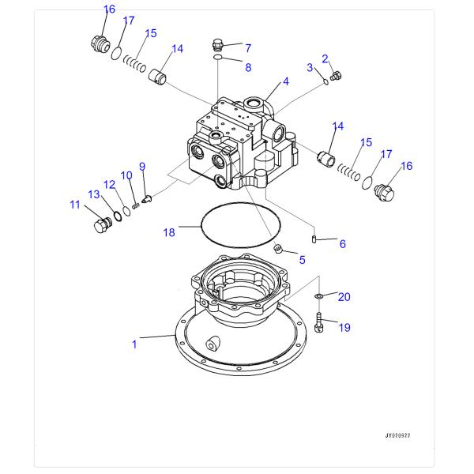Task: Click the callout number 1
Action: [134, 344]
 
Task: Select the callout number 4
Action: [286, 81]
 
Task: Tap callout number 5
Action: [302, 258]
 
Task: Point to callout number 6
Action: [342, 244]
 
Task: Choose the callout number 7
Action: [247, 48]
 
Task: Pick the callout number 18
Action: [168, 233]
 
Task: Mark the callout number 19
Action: [344, 326]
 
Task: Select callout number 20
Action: [344, 297]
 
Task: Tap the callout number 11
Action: [75, 205]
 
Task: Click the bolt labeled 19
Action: [318, 324]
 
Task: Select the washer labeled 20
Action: [318, 296]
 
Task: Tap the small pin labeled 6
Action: [314, 239]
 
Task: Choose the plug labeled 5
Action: [279, 250]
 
